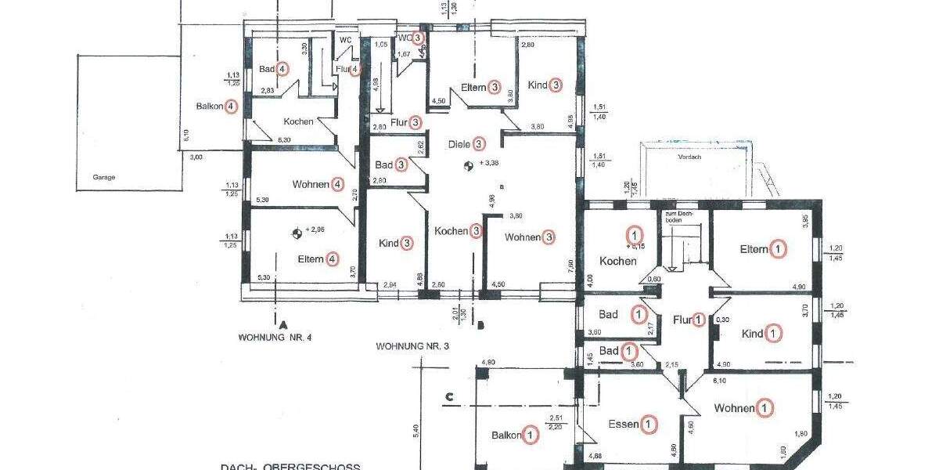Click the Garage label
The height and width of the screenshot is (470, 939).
(103, 177)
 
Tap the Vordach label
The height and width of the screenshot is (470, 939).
(690, 156)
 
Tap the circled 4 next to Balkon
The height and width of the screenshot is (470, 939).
(231, 107)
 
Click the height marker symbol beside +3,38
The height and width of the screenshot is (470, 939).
(467, 165)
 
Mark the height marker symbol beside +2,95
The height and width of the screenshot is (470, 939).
(296, 232)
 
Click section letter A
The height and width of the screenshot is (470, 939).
(280, 323)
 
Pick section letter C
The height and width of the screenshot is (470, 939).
(449, 396)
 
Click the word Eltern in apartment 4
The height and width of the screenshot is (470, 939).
(311, 259)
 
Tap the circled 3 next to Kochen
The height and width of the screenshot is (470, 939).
(476, 231)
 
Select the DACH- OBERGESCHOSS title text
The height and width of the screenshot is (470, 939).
(290, 467)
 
